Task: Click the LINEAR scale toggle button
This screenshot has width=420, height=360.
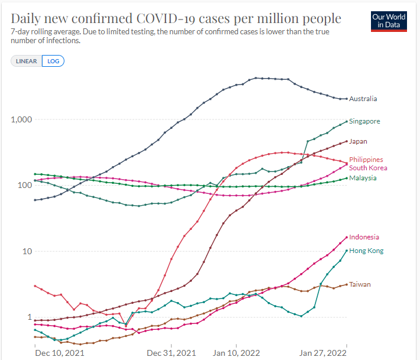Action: click(x=27, y=61)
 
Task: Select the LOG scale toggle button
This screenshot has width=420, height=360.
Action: click(x=53, y=61)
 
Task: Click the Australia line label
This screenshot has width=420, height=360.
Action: click(x=363, y=99)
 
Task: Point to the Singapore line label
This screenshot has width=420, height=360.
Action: click(x=364, y=121)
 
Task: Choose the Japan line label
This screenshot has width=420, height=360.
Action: click(x=358, y=142)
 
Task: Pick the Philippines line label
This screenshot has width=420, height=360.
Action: click(x=366, y=160)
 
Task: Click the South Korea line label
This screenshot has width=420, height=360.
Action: click(x=368, y=168)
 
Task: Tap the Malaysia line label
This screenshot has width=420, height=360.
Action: click(x=363, y=178)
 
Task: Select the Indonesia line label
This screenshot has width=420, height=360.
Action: click(x=364, y=237)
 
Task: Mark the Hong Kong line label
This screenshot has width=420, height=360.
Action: click(x=366, y=251)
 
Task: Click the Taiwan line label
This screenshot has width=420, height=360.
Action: click(x=360, y=284)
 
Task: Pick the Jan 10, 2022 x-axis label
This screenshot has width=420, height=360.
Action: click(x=235, y=353)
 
